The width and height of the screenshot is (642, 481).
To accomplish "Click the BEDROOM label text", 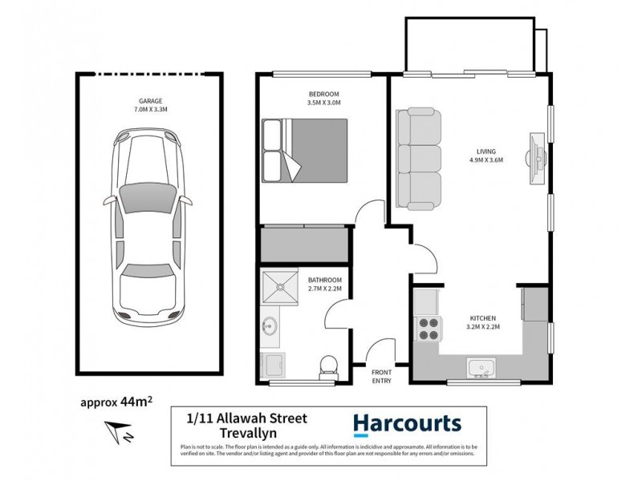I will tap(323, 94).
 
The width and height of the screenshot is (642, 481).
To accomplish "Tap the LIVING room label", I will tap(486, 150).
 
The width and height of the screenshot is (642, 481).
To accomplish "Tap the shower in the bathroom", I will tap(281, 288).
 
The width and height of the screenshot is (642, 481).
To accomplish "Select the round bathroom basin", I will tap(270, 326).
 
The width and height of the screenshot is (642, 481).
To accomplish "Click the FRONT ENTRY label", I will tap(382, 377).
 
